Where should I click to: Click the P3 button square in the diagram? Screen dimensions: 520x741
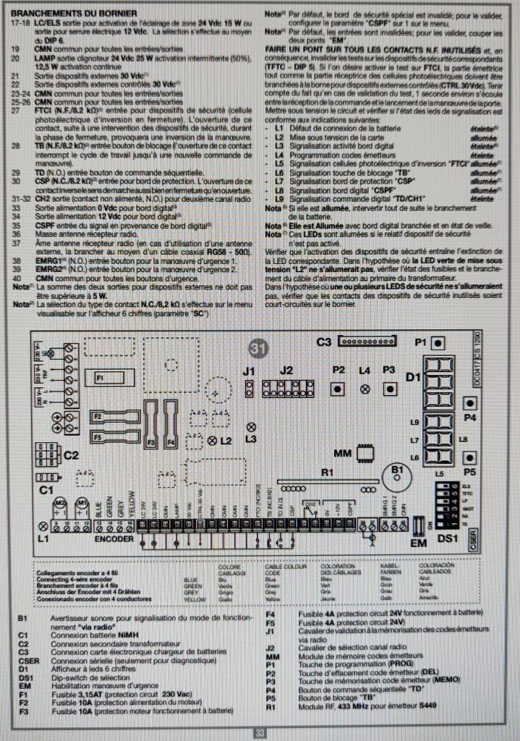389,389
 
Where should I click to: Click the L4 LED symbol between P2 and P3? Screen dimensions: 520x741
365,389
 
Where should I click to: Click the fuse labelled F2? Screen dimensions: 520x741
107,417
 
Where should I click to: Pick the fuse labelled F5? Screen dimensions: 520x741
107,437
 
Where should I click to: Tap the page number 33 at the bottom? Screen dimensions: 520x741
260,733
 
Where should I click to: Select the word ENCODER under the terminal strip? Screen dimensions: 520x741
113,540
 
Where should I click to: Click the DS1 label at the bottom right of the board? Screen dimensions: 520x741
449,539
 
